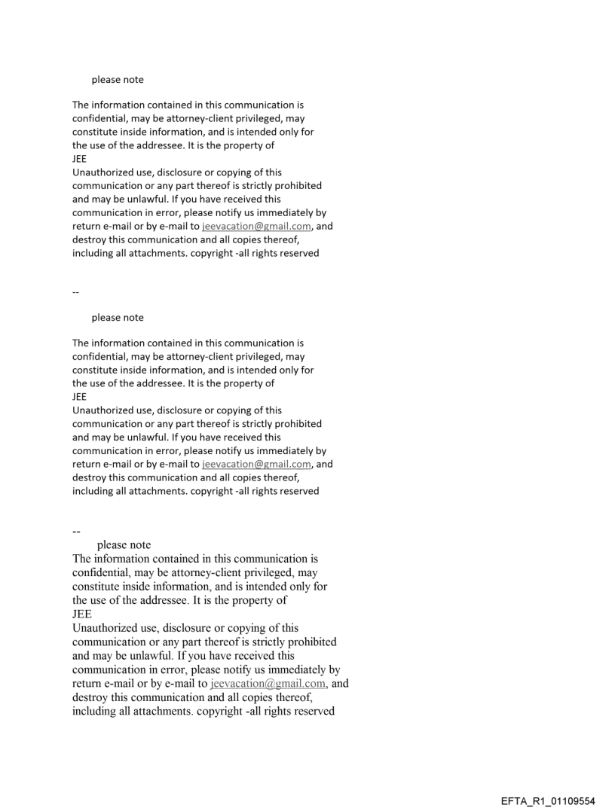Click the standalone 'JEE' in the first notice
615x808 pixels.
79,159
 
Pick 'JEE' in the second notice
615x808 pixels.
79,397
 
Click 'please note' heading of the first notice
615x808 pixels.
118,80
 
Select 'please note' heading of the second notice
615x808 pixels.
118,318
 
